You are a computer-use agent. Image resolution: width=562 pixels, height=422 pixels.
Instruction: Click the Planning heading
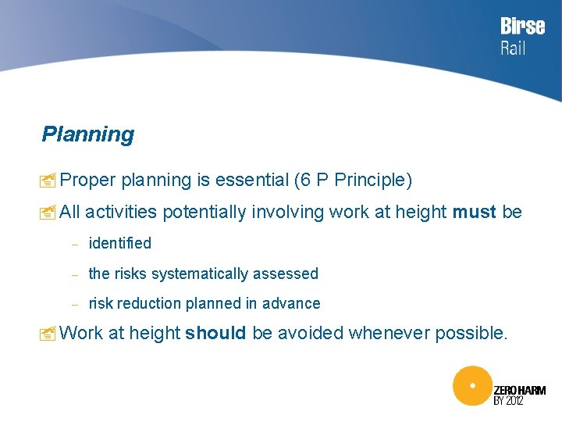(x=88, y=134)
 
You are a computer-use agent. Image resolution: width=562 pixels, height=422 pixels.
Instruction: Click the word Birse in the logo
(x=522, y=26)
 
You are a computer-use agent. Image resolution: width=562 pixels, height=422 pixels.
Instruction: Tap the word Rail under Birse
(x=513, y=48)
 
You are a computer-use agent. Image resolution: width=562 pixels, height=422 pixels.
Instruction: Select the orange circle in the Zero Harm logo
(x=472, y=386)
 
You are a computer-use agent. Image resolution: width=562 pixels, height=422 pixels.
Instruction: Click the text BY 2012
(x=508, y=401)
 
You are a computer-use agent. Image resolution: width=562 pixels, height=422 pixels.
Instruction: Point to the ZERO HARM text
(x=520, y=389)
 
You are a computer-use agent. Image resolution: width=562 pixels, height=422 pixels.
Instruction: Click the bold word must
(x=474, y=212)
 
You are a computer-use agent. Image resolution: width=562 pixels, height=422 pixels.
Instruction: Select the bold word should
(x=215, y=334)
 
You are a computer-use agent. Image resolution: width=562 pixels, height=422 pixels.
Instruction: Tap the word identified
(x=120, y=244)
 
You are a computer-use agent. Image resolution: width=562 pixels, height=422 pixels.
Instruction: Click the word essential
(x=251, y=181)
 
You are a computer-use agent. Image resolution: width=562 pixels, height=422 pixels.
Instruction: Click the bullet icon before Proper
(x=48, y=181)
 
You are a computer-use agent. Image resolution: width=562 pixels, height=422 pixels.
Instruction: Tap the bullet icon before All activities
(x=48, y=213)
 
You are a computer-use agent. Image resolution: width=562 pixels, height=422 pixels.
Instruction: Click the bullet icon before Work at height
(x=48, y=334)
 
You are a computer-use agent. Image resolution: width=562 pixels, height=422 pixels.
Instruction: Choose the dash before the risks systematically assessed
(x=76, y=275)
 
